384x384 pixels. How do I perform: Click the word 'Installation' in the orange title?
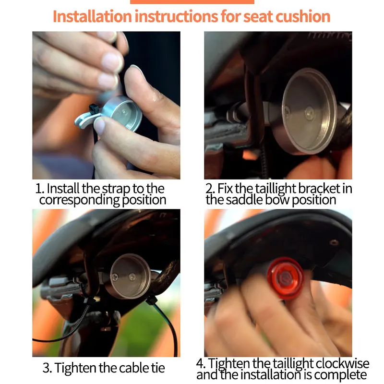(92, 16)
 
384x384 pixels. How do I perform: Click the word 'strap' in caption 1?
(116, 189)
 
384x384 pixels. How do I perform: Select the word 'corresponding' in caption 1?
(79, 200)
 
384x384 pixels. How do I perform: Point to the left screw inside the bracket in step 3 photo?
(115, 277)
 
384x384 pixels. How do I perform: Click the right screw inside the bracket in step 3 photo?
(132, 277)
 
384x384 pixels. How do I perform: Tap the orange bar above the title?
(192, 2)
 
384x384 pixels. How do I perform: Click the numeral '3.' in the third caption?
(47, 368)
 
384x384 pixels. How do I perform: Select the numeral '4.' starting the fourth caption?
(201, 363)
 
